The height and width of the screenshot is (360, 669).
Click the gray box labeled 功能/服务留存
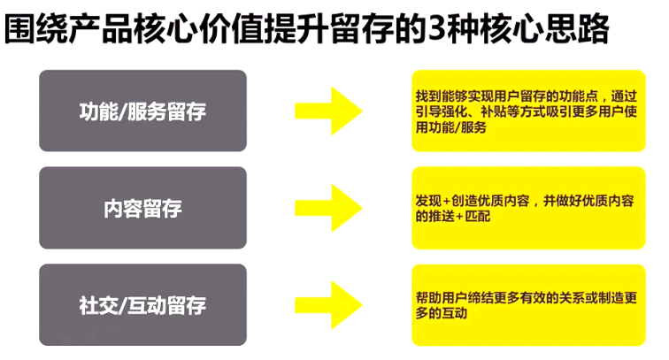tap(142, 111)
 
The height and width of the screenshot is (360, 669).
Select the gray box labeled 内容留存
tap(142, 208)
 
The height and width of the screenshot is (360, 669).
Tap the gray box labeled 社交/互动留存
tap(142, 305)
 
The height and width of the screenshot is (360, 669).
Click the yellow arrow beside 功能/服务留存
tap(328, 111)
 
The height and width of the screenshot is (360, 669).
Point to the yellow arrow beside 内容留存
tap(328, 208)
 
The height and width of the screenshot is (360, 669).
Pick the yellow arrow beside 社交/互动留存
tap(328, 305)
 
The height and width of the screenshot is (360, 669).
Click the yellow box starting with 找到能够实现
tap(528, 111)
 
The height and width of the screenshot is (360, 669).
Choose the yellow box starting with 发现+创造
tap(528, 208)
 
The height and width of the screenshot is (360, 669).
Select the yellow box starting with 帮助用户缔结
tap(528, 305)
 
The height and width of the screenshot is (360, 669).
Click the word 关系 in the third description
tap(559, 297)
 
